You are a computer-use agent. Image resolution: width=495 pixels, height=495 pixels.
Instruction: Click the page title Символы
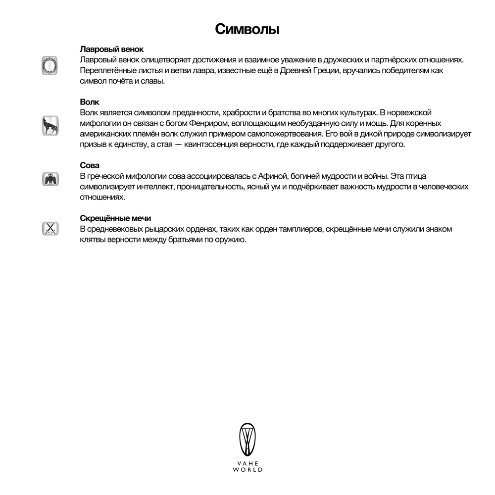pos(247,29)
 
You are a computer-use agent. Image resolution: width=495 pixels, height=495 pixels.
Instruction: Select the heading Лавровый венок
pos(111,49)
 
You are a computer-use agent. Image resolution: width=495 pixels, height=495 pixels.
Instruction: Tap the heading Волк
pos(90,102)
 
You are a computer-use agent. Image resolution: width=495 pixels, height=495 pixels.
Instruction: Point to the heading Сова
pos(90,165)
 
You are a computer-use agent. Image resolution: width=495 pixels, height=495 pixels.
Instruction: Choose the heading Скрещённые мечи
pos(115,218)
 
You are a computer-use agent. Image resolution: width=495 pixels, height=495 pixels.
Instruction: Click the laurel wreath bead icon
pos(49,65)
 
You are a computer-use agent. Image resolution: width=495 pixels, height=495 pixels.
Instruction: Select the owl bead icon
pos(49,179)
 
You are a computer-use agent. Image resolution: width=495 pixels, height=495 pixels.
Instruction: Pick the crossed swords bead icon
pos(49,228)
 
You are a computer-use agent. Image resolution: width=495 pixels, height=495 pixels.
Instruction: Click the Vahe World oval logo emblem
pos(247,440)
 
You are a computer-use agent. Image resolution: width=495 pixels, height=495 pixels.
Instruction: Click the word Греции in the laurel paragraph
pos(323,70)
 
